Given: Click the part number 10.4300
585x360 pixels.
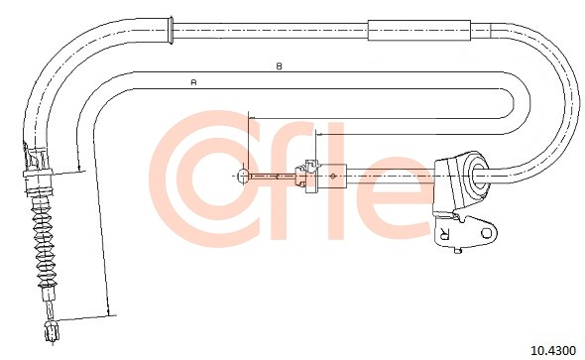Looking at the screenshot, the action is [x=553, y=350].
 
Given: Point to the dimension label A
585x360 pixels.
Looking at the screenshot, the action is [x=193, y=81].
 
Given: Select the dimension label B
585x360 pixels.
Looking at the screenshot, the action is [x=279, y=66].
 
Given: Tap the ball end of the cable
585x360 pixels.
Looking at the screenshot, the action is [x=243, y=175].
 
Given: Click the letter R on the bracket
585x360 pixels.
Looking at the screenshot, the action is [x=445, y=234].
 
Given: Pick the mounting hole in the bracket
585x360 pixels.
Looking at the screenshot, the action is [x=487, y=233].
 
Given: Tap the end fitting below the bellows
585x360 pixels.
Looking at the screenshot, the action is [x=52, y=330].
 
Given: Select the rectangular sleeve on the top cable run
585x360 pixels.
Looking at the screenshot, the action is [x=419, y=30].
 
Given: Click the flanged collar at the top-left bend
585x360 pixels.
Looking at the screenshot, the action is [x=171, y=30].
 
